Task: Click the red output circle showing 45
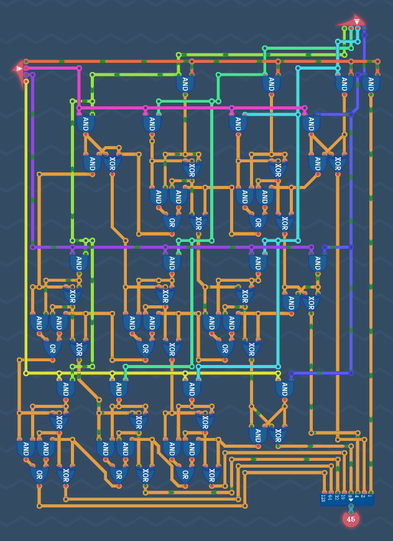coord(351,519)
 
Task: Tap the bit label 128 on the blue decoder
coord(323,498)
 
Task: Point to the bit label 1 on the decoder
coord(371,496)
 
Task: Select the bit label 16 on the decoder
coord(343,497)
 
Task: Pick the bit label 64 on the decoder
coord(330,497)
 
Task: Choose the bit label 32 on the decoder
coord(337,497)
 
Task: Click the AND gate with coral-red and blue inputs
coord(371,83)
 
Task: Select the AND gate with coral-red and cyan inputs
coord(343,83)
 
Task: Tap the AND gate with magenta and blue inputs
coord(312,124)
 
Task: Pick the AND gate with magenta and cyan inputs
coord(238,124)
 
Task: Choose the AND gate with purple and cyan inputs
coord(258,262)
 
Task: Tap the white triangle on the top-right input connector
coord(357,22)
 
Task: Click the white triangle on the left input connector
coord(19,68)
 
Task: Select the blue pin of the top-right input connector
coord(364,28)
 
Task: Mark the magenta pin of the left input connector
coord(26,68)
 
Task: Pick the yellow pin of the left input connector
coord(26,81)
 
